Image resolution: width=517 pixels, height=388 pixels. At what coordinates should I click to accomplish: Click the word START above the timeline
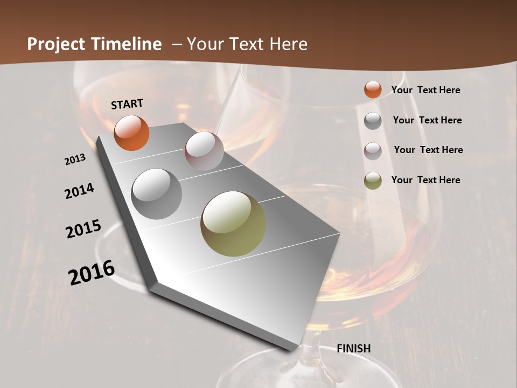coord(127,103)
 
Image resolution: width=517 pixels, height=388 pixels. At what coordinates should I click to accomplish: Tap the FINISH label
coord(353,349)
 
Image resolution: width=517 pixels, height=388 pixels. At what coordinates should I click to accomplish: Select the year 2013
coord(75,160)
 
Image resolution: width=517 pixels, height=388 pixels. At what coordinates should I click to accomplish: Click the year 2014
coord(79,191)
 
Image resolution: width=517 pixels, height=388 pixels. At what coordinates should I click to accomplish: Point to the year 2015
coord(83,229)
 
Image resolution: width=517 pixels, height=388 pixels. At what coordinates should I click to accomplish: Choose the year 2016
coord(92,272)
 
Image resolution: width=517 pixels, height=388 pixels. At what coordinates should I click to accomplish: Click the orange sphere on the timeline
coord(131,133)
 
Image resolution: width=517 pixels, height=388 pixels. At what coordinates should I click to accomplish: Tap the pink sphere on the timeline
coord(204,151)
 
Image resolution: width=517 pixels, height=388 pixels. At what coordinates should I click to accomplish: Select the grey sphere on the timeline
coord(156,194)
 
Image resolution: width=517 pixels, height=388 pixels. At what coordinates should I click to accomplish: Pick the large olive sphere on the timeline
coord(233,224)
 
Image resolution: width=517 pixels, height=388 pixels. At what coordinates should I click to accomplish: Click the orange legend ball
coord(373,89)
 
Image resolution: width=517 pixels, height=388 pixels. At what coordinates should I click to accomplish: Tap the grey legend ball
coord(373,121)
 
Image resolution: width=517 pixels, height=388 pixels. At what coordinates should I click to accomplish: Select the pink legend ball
coord(373,151)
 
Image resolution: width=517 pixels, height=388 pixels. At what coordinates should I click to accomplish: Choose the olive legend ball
coord(373,181)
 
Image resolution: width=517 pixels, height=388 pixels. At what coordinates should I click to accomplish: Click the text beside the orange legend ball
coord(425,90)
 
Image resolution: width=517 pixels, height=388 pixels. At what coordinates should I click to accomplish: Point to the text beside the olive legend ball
coord(425,180)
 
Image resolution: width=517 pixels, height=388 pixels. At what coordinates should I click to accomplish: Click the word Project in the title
coord(57,44)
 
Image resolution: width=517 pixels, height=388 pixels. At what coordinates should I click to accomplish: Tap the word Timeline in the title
coord(126,44)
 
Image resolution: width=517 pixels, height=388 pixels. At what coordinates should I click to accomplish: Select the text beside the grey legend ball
coord(427,120)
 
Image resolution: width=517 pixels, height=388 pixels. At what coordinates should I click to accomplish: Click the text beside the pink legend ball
coord(428,150)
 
